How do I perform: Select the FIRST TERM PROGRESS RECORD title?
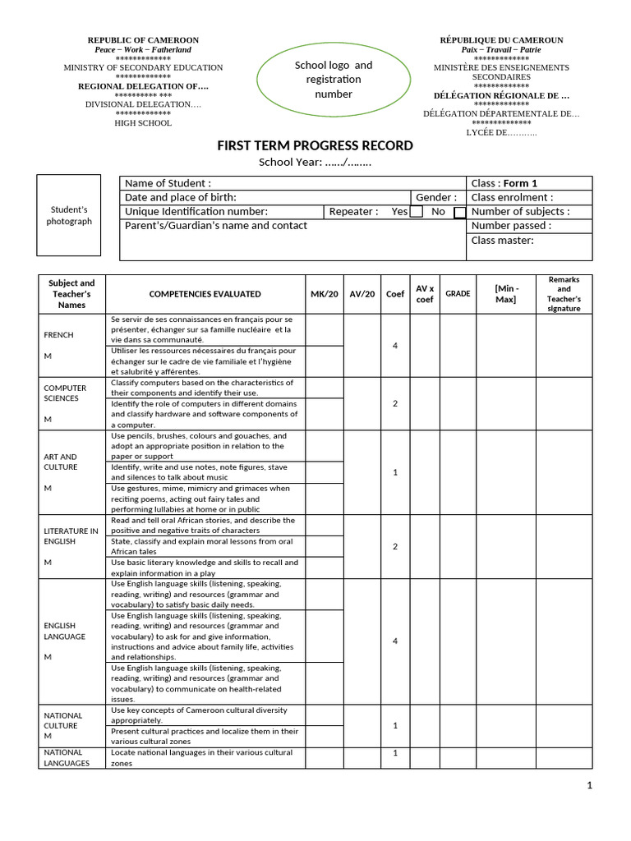(x=315, y=146)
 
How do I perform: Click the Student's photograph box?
(x=69, y=216)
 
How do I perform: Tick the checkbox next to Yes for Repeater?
(x=417, y=212)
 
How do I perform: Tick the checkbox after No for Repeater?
(x=460, y=212)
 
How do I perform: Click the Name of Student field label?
(x=168, y=183)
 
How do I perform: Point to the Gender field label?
(x=435, y=198)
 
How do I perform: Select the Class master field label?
(x=502, y=241)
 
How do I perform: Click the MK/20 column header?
(x=324, y=294)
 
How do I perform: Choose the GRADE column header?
(x=458, y=294)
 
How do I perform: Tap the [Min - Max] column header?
(x=505, y=294)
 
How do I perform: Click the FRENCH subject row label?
(x=58, y=335)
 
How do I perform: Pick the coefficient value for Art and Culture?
(x=395, y=472)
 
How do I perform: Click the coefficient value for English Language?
(x=395, y=641)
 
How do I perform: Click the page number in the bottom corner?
(x=589, y=786)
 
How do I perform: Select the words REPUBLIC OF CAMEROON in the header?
(x=143, y=40)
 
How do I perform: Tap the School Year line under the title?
(x=315, y=162)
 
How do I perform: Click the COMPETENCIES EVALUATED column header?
(x=205, y=294)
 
